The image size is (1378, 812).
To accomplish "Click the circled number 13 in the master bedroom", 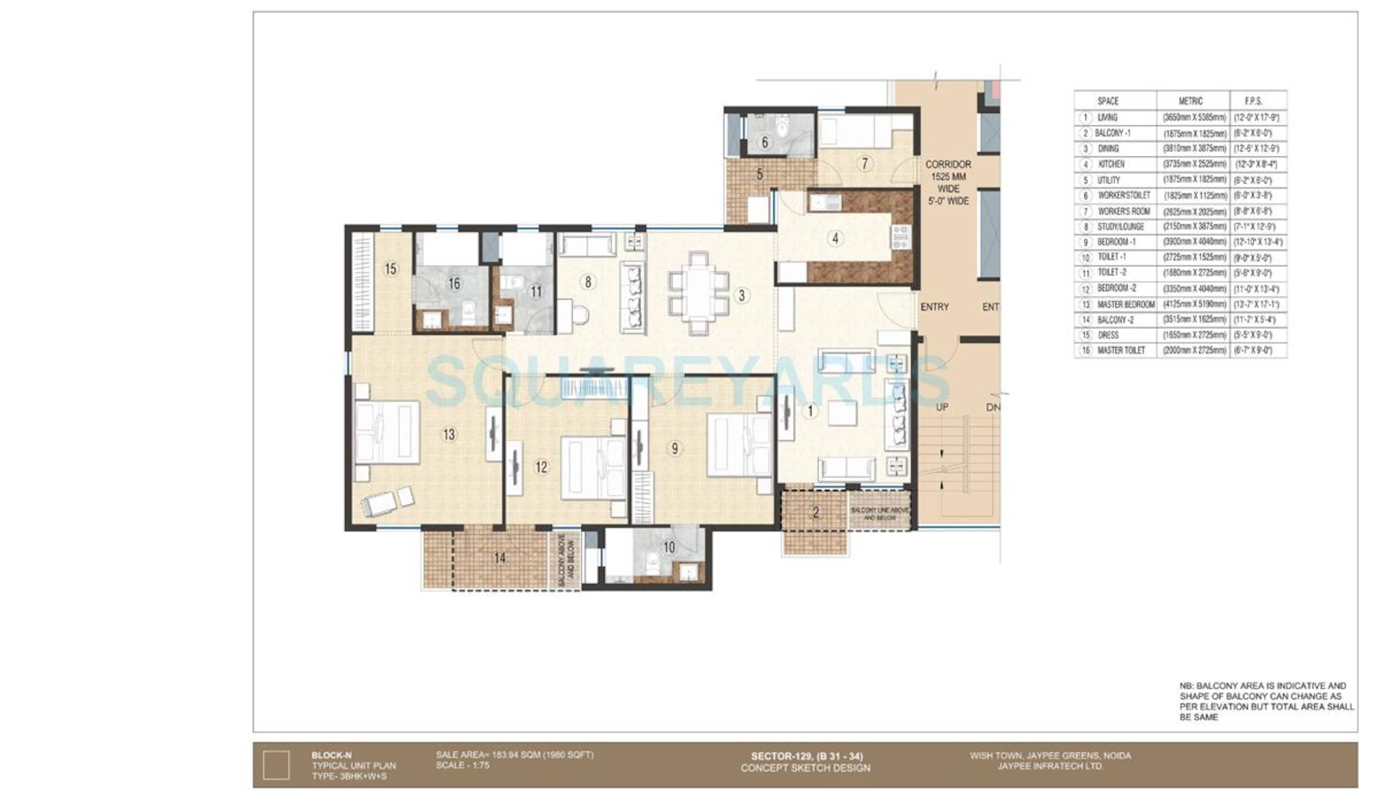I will (x=449, y=434).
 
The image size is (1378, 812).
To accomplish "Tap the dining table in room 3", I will (x=698, y=293).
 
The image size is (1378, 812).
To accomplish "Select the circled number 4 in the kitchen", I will (x=835, y=238).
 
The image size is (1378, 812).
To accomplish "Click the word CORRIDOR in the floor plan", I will (x=948, y=164).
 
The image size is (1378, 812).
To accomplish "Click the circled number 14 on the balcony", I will (x=500, y=558).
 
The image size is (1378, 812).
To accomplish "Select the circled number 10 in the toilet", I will (x=669, y=547).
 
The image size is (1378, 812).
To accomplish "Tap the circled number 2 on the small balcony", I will (x=815, y=512).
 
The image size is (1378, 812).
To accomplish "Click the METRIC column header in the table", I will (x=1190, y=101).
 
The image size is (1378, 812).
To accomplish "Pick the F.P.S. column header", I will (x=1253, y=101).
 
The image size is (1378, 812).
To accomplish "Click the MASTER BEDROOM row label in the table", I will (x=1125, y=304).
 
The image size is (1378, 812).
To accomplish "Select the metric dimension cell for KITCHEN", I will (x=1194, y=164).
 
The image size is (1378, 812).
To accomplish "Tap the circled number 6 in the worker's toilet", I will (x=764, y=142).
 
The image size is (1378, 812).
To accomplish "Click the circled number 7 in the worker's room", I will (x=864, y=164).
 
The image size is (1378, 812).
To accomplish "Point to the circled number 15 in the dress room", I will (x=390, y=269).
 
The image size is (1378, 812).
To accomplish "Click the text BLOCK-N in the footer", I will (x=331, y=756).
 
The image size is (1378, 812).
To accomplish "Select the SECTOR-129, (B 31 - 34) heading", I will (x=806, y=756).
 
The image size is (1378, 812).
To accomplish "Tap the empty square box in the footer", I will (x=276, y=765).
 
